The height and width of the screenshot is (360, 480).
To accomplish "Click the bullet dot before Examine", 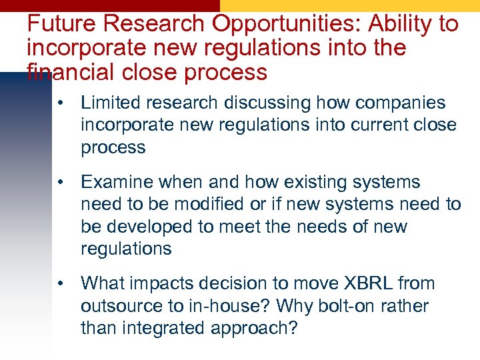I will tap(61, 182).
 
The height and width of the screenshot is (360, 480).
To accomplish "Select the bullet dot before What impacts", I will tap(61, 283).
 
